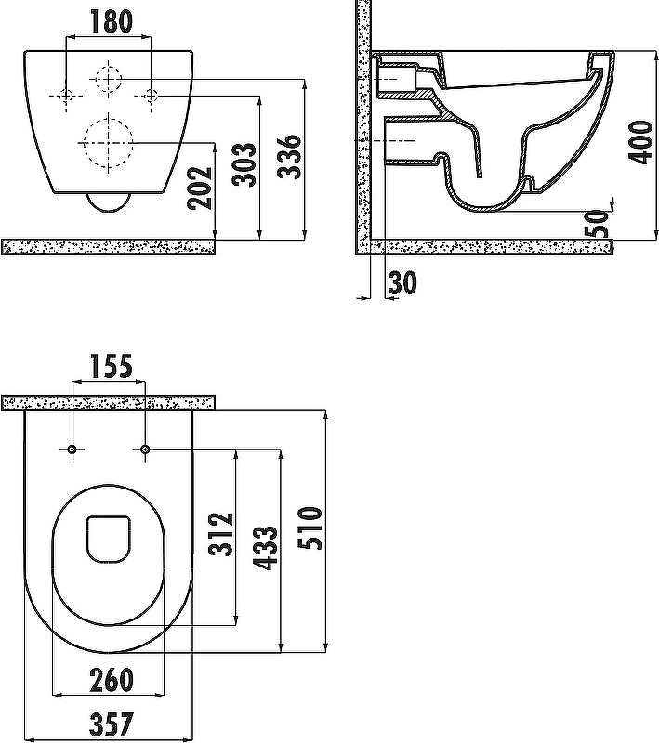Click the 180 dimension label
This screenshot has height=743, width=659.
[111, 21]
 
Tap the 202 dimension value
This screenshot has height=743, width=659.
[200, 188]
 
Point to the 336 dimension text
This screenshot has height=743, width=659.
[289, 157]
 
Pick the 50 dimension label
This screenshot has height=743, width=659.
[596, 224]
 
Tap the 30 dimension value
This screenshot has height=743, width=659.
[402, 282]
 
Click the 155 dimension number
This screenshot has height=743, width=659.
[111, 367]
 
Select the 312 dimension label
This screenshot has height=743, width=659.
[220, 533]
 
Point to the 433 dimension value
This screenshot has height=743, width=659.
[265, 548]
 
